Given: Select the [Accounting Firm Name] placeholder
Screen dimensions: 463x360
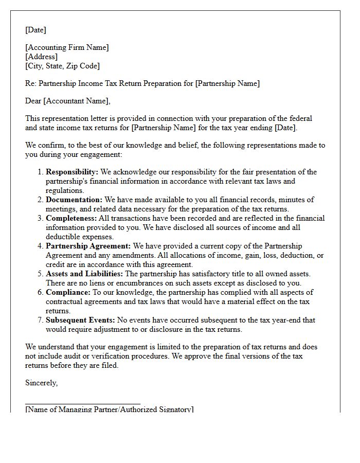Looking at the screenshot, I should [x=67, y=47].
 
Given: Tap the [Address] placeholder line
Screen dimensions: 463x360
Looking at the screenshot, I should [x=41, y=57].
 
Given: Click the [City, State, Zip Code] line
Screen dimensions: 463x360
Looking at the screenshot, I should [x=62, y=66].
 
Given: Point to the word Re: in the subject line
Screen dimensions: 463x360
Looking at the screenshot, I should [x=31, y=83].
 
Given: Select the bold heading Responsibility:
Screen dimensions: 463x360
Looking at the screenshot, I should [x=72, y=172].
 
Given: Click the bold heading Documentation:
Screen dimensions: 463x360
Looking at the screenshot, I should [x=74, y=200].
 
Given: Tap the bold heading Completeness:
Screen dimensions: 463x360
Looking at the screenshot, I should [x=74, y=218].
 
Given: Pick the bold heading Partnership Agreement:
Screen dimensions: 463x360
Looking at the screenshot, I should [x=88, y=246].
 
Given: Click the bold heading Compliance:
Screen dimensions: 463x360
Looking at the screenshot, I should [x=68, y=292].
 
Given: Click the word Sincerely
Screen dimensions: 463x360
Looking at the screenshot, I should [x=41, y=383].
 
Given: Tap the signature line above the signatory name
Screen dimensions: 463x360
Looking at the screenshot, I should [x=82, y=404].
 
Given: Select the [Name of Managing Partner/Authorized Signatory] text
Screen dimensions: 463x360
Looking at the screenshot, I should [x=109, y=409].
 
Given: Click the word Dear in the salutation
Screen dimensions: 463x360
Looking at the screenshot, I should [x=33, y=101].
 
